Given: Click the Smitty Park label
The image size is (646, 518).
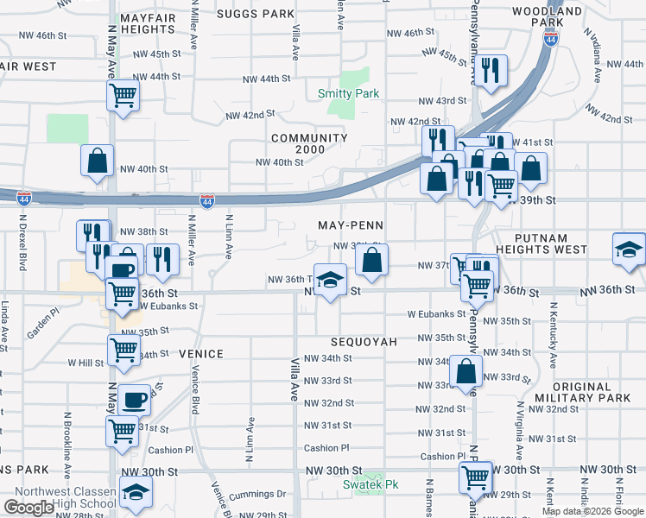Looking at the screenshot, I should click(344, 92).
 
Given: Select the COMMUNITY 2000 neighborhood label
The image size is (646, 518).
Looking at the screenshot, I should click(309, 143).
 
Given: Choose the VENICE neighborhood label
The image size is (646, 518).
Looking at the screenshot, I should click(201, 354).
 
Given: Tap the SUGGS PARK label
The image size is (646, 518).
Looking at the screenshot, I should click(256, 14).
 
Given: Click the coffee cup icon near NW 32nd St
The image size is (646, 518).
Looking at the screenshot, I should click(134, 400).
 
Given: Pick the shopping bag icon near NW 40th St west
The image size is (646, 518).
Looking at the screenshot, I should click(97, 159).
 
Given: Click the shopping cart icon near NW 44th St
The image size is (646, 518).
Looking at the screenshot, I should click(123, 94).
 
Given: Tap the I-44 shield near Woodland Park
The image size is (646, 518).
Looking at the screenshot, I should click(551, 39).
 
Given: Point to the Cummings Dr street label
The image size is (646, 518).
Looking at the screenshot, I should click(257, 495).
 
